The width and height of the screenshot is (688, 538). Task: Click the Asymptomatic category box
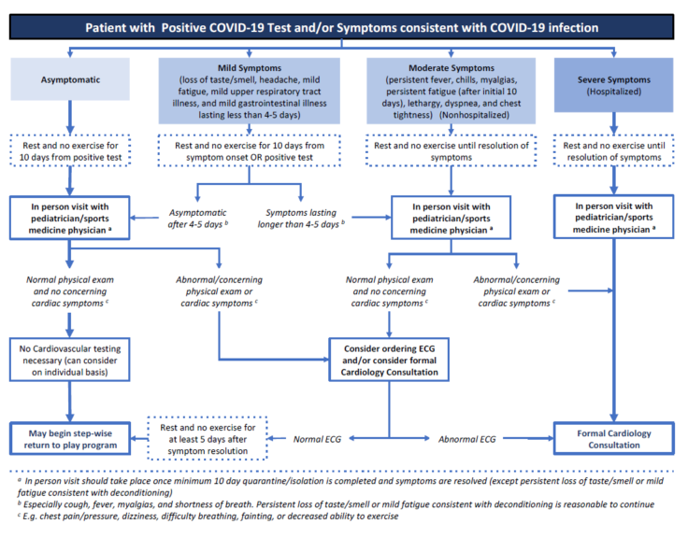[70, 79]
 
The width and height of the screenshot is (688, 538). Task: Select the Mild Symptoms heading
[250, 68]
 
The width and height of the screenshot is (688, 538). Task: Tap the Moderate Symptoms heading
[451, 68]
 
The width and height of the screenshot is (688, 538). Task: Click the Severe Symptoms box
[613, 85]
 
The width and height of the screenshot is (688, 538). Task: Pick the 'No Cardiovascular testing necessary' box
[70, 360]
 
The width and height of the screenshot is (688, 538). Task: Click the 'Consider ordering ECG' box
[389, 360]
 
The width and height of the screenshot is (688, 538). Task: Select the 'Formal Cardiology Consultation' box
[613, 438]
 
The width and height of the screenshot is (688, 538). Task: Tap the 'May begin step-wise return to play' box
[70, 438]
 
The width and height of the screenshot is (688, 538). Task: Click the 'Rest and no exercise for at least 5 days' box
[208, 438]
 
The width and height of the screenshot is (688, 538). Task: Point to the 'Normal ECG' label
[317, 439]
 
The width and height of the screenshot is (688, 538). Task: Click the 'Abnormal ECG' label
[466, 439]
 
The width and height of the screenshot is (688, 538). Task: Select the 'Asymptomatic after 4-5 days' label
[198, 219]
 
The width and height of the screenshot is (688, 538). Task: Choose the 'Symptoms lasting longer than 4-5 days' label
[301, 219]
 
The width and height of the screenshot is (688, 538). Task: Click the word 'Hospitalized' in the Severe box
[613, 92]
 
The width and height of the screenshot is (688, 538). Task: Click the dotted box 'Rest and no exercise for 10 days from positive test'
[70, 150]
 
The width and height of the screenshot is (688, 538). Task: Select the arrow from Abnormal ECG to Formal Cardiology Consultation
[528, 438]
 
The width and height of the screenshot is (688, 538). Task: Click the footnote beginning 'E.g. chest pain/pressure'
[208, 517]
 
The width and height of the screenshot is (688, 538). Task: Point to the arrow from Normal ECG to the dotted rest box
[277, 438]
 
